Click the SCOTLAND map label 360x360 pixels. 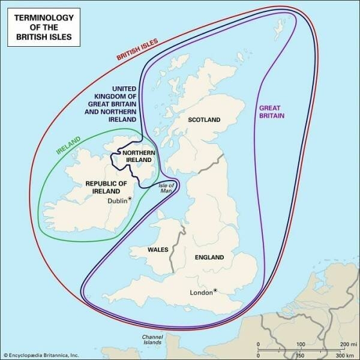pos(205,119)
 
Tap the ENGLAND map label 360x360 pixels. pos(209,257)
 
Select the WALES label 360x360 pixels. pos(157,248)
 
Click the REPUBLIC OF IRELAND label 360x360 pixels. pos(106,187)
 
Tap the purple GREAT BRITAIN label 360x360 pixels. pos(272,112)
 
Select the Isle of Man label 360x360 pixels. pos(166,189)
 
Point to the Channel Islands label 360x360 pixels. pos(151,341)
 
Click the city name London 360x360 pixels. pos(201,293)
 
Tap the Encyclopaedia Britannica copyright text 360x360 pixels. pos(41,355)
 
